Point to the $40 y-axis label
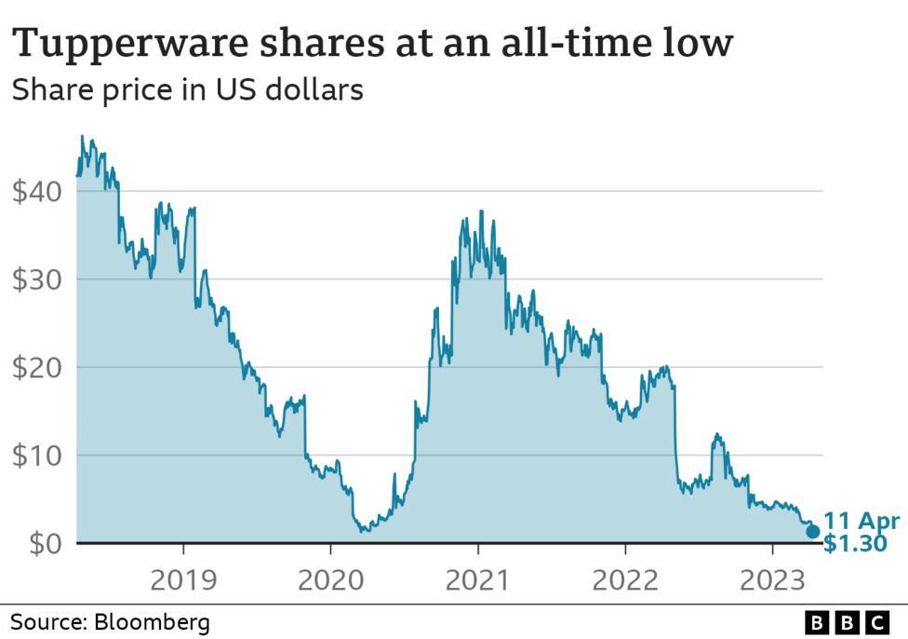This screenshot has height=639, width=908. (37, 192)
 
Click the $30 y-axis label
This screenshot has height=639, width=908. (37, 279)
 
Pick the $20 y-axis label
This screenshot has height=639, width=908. (37, 367)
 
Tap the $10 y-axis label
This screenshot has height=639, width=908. (37, 455)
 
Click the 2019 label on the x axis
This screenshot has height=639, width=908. (183, 580)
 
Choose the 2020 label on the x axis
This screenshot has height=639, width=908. (330, 580)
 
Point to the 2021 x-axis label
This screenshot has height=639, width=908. (477, 580)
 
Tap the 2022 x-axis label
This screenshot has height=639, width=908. (624, 580)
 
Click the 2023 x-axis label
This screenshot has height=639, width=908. (771, 580)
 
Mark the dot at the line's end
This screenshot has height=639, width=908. (812, 532)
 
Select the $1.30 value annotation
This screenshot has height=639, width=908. (855, 542)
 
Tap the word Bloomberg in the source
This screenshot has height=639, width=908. (150, 621)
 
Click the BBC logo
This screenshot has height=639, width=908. (847, 621)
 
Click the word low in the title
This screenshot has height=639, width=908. (702, 43)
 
